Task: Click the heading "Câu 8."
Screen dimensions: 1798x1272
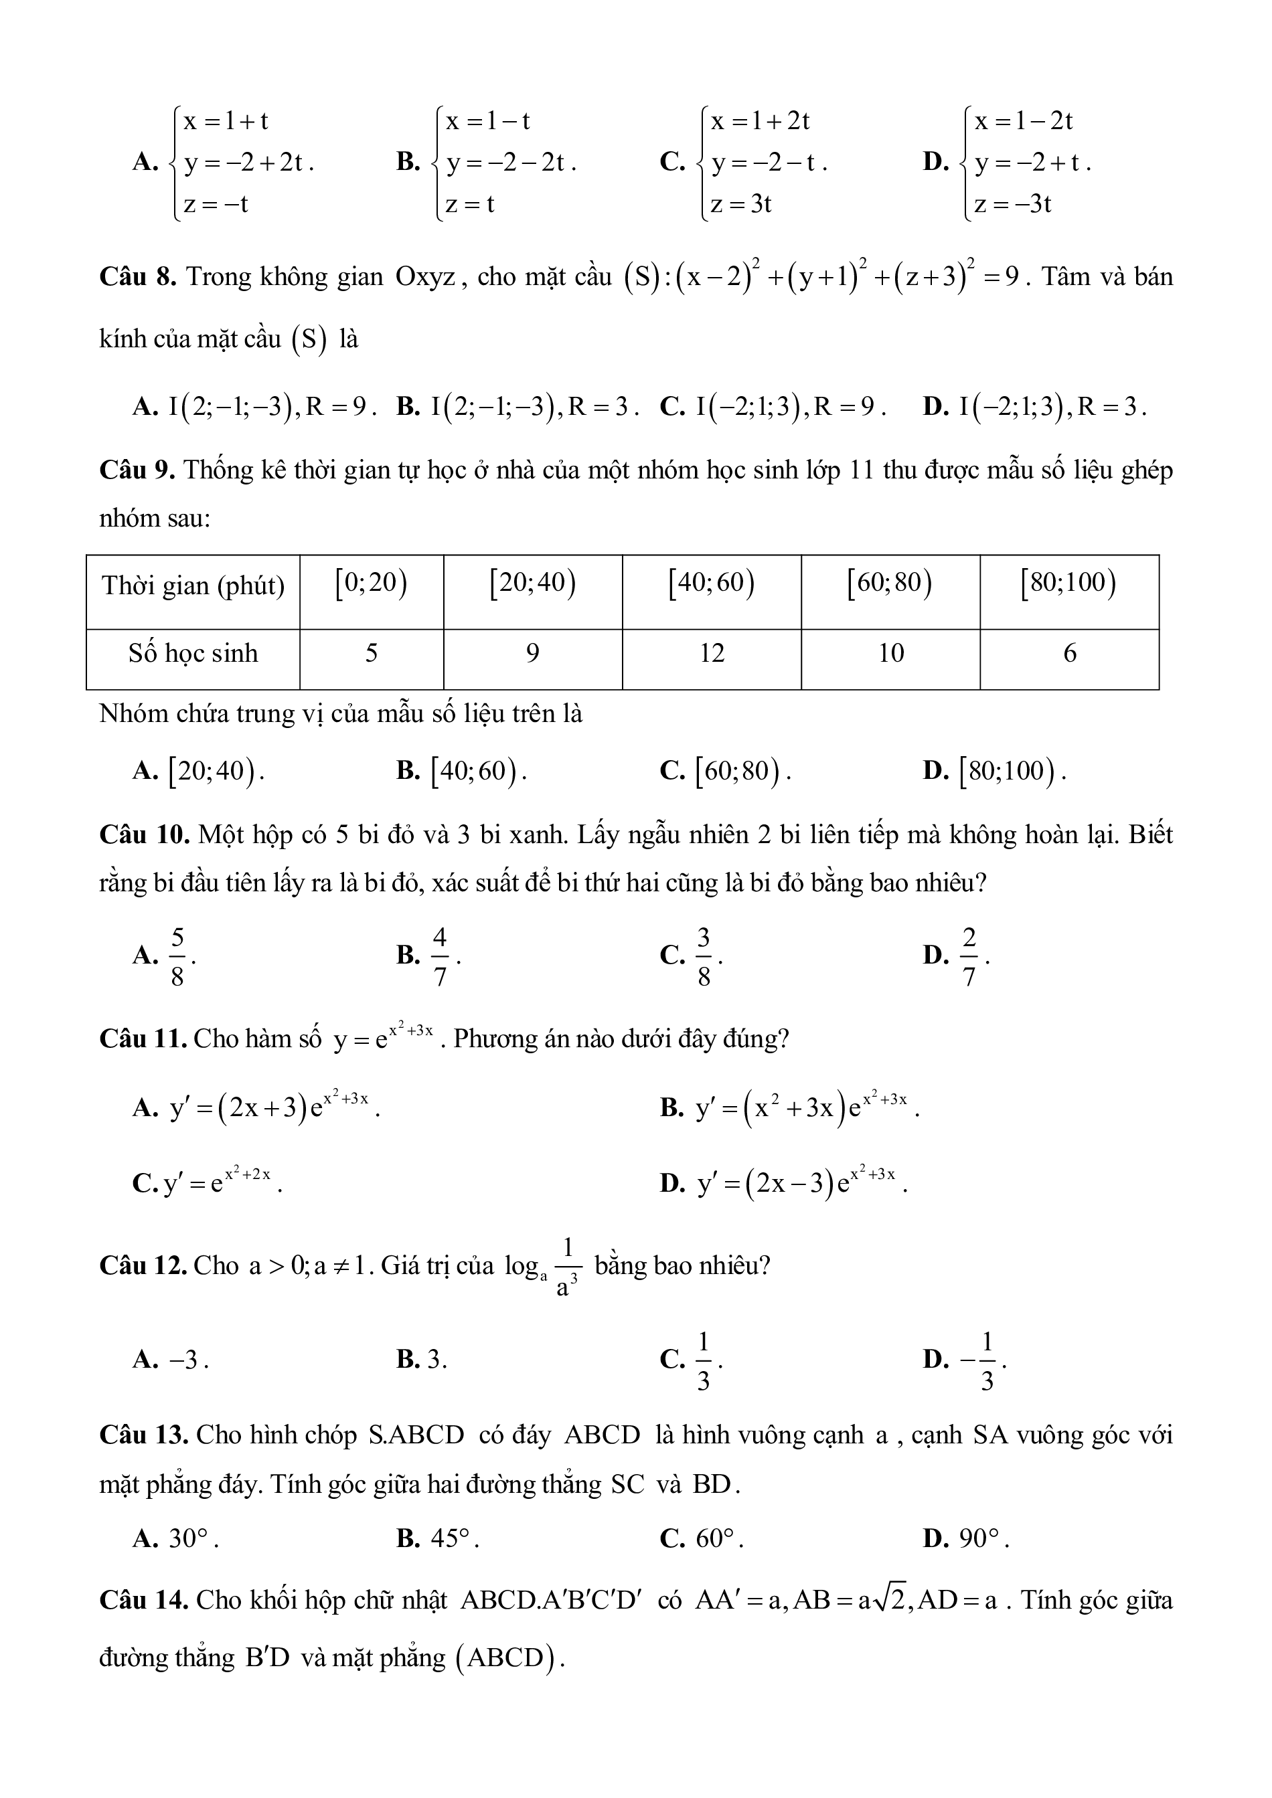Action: coord(138,277)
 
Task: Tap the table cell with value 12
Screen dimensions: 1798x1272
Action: coord(711,653)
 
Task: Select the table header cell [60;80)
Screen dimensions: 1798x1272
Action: coord(890,584)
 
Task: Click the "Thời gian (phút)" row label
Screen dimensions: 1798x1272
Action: coord(193,586)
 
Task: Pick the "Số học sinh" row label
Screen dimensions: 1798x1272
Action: coord(193,653)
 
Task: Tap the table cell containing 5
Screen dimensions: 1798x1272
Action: coord(372,653)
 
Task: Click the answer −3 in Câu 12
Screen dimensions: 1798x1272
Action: coord(188,1360)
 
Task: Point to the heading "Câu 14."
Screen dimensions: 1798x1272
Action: coord(144,1600)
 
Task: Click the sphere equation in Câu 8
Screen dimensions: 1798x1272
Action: coord(822,278)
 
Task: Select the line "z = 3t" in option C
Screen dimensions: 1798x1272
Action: coord(741,204)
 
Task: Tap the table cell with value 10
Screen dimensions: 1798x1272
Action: coord(890,653)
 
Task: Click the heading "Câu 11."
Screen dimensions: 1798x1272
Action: coord(143,1039)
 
